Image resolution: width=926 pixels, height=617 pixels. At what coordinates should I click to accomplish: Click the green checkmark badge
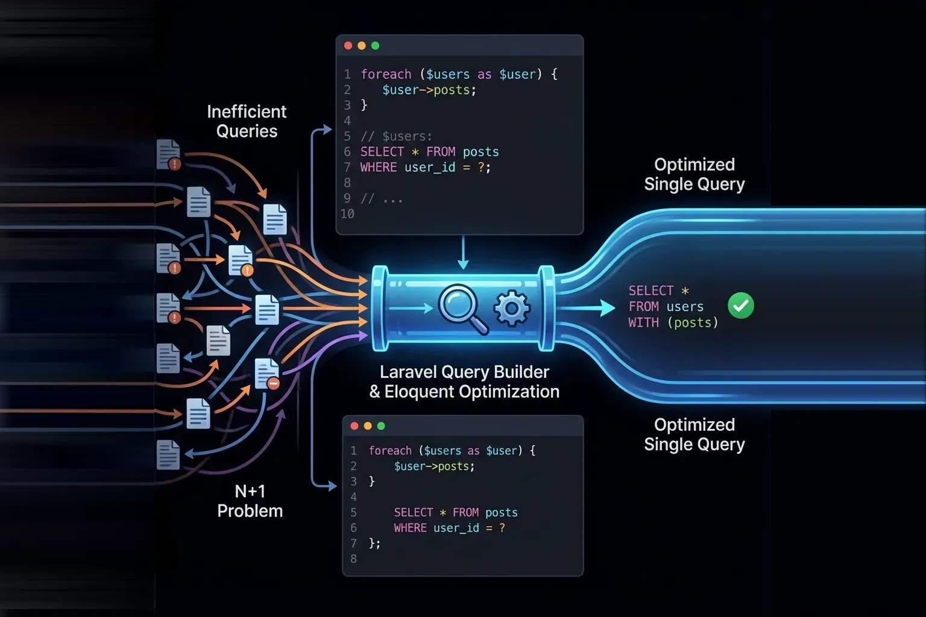740,305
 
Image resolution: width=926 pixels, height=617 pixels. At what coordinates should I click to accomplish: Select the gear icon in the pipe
512,308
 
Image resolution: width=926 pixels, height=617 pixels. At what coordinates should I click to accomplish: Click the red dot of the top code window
348,46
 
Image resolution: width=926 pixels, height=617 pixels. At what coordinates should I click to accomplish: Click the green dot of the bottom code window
381,426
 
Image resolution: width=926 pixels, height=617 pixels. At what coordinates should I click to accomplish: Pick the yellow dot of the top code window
362,46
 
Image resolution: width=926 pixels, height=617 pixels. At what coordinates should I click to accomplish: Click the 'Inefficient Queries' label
247,121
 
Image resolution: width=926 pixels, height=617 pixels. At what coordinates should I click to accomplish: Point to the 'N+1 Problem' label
250,501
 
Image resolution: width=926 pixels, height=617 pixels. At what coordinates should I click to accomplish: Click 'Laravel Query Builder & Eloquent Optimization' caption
464,381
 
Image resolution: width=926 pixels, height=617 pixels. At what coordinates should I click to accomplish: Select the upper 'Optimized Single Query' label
694,174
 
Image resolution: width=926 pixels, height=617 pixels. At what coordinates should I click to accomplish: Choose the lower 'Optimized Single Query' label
694,434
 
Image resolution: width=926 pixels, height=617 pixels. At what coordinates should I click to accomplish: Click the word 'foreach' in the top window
386,74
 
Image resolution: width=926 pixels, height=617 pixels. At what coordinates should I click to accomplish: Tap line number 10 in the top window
347,214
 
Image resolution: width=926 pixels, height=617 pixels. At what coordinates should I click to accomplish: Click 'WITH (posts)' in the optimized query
673,322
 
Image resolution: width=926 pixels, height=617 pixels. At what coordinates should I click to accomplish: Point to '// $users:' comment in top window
396,136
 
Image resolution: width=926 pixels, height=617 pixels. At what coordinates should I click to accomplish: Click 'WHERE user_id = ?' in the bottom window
449,528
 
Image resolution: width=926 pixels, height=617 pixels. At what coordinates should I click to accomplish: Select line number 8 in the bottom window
354,559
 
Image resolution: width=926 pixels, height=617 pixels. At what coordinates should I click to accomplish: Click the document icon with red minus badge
266,374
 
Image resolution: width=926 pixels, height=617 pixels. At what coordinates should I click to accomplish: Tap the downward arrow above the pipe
463,253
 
